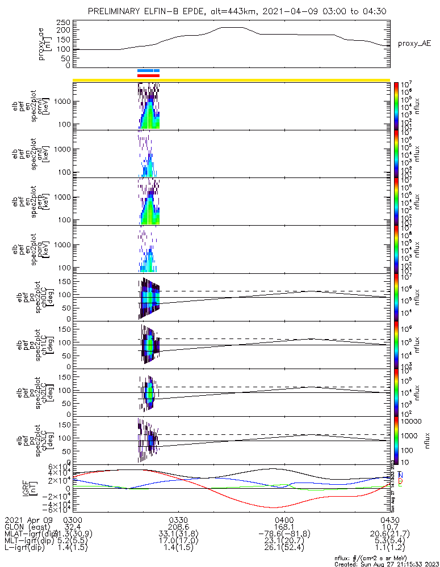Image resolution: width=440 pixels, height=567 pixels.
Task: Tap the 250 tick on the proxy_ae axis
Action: (x=63, y=23)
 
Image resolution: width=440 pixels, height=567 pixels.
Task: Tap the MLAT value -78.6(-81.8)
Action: (x=283, y=534)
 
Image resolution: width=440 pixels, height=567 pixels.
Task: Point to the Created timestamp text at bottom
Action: (x=387, y=564)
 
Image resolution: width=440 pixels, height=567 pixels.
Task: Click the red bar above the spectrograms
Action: (x=149, y=75)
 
